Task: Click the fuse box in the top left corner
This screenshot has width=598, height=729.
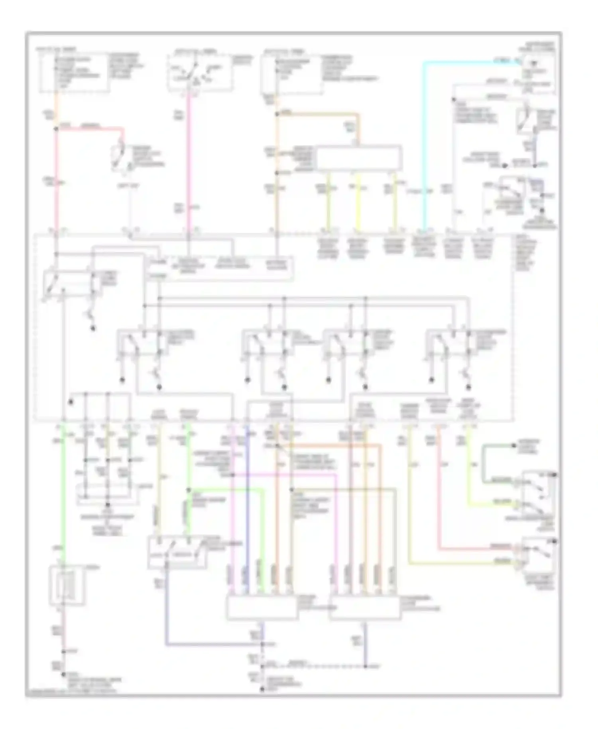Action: coord(74,72)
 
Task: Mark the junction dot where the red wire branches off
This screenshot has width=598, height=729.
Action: coord(56,129)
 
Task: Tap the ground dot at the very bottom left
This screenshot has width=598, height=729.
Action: coord(63,675)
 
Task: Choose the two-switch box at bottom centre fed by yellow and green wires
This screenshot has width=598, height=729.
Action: coord(177,552)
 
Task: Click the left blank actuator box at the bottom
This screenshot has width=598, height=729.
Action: coord(262,608)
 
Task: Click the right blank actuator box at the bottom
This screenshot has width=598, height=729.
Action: coord(365,608)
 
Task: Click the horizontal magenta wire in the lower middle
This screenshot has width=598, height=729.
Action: coord(283,475)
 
